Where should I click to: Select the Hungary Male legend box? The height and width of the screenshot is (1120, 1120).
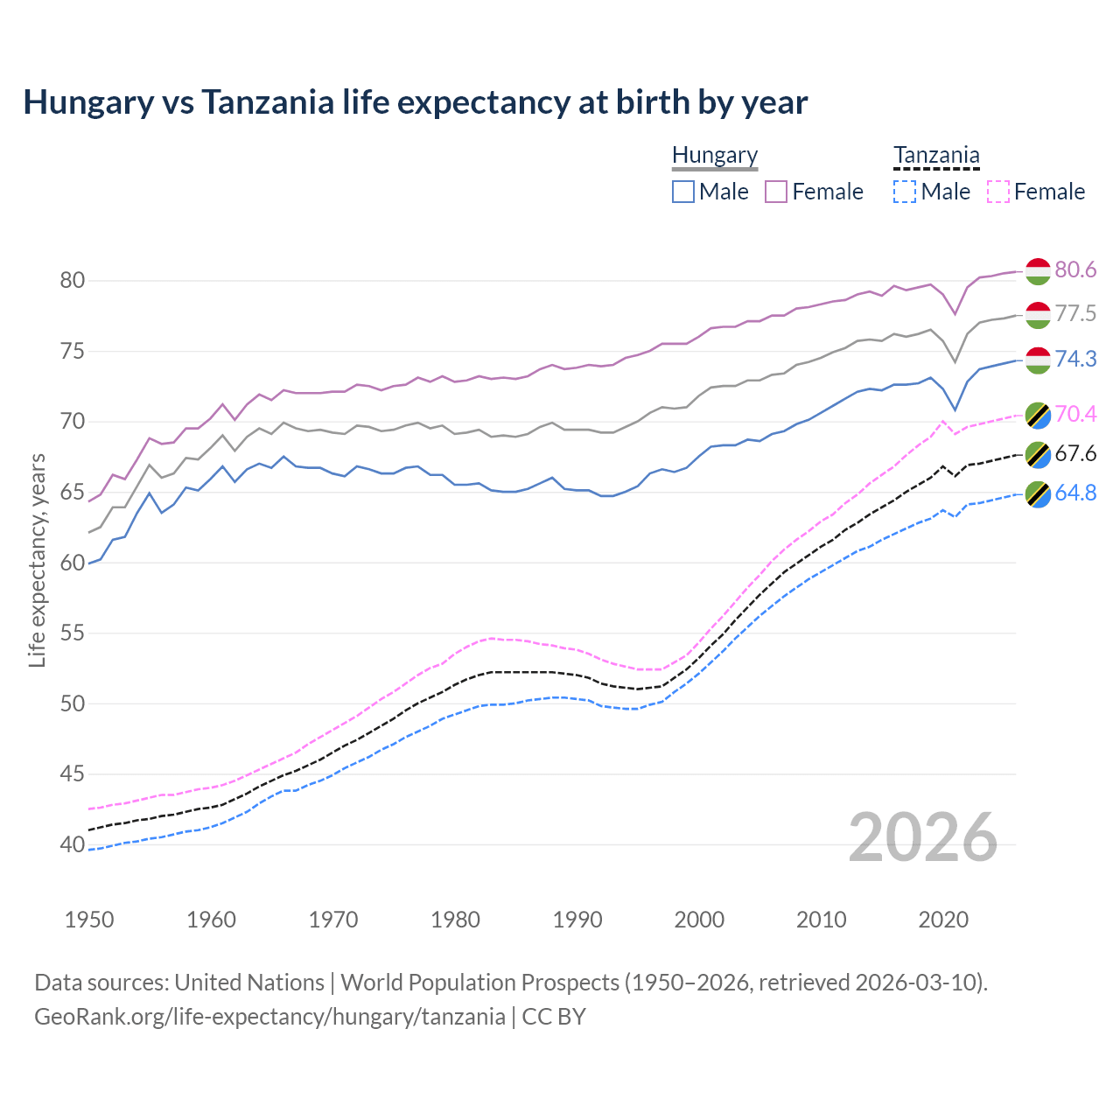point(683,192)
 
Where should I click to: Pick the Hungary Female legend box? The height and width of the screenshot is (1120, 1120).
point(776,192)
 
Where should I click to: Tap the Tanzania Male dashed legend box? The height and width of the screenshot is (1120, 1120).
point(905,192)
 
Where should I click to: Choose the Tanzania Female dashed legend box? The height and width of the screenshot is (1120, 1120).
point(997,192)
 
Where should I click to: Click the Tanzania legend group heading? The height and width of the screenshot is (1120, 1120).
point(936,156)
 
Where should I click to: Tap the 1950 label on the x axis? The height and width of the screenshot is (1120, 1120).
point(89,920)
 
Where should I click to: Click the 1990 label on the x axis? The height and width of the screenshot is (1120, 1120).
point(577,920)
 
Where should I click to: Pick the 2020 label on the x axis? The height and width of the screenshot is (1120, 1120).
point(943,920)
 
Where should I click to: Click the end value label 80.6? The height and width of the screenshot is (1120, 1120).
point(1075,269)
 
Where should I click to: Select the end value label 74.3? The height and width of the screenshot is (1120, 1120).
point(1075,359)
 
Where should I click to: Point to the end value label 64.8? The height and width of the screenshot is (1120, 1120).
point(1075,493)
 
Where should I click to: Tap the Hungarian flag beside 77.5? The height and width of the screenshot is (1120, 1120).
point(1038,314)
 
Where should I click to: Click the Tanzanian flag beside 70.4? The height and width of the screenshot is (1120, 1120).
point(1038,415)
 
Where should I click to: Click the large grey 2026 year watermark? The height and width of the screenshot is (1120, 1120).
point(923,837)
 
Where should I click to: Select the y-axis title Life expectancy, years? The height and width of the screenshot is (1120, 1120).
point(37,560)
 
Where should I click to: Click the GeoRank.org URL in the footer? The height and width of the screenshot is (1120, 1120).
point(269,1017)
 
